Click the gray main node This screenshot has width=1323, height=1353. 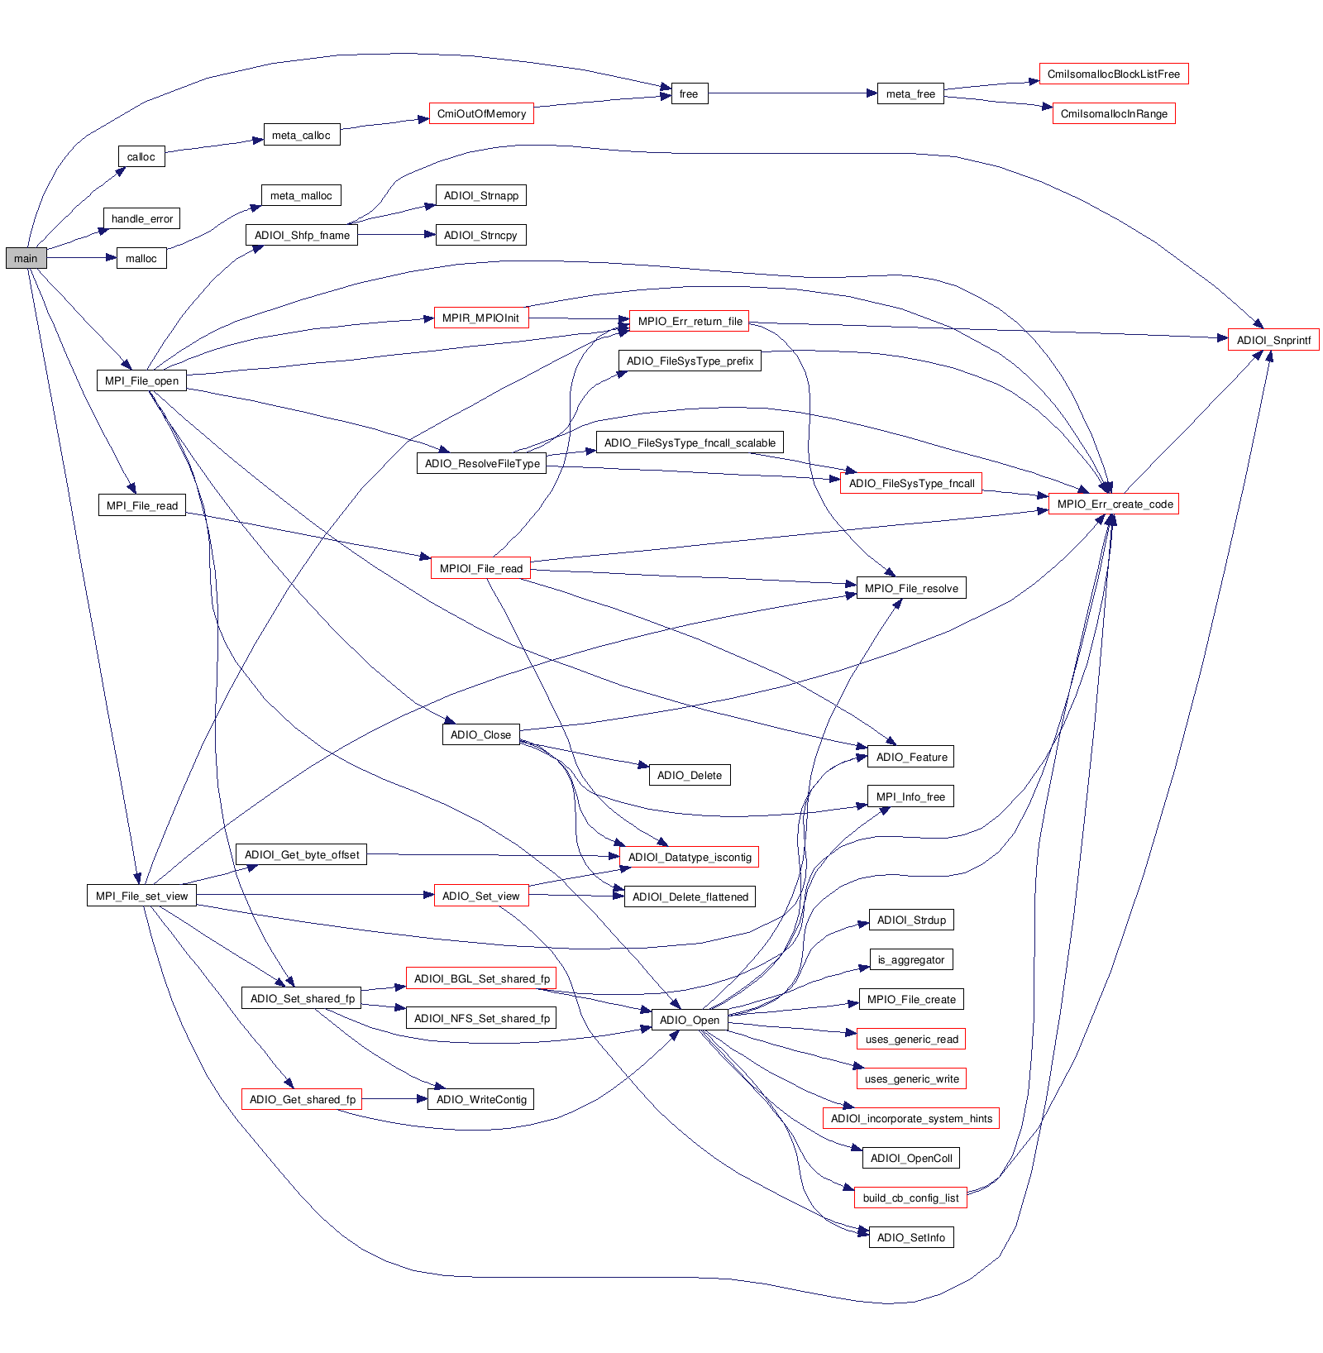[x=26, y=258]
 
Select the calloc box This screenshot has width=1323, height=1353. [x=141, y=156]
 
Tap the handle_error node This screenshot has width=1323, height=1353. [x=142, y=218]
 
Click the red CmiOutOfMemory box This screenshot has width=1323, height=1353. [x=481, y=113]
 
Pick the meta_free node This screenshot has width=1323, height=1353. [x=910, y=93]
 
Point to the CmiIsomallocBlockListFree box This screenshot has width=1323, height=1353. [x=1113, y=74]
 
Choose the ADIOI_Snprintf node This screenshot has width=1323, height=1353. [x=1273, y=340]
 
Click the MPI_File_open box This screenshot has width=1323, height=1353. [x=141, y=380]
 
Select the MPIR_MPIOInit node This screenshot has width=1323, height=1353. [x=480, y=318]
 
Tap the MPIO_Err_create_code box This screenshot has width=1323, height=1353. [x=1114, y=504]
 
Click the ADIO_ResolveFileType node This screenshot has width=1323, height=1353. [x=482, y=463]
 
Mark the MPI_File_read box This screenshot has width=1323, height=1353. [x=142, y=505]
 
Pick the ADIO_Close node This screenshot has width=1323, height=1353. [x=480, y=734]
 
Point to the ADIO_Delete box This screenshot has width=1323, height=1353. [x=690, y=775]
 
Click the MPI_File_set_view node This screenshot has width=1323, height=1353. [x=141, y=896]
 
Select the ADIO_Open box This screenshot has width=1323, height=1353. [x=690, y=1020]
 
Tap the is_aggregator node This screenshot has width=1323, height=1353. [x=911, y=959]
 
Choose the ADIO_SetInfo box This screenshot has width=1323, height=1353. [x=911, y=1237]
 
